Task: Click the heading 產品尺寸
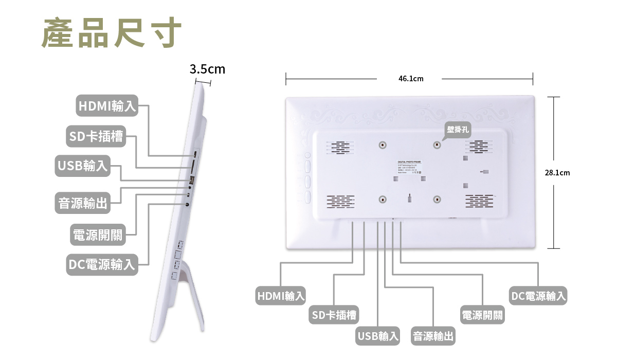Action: coord(112,33)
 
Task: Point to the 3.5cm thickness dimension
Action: coord(207,69)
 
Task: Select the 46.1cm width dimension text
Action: coord(410,79)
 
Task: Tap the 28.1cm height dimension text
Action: coord(557,173)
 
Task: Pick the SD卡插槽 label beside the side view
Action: coord(96,136)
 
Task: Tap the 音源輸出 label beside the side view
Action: coord(83,203)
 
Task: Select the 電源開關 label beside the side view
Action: coord(98,235)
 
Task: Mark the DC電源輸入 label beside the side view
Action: coord(102,264)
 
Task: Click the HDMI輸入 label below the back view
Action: coord(281,296)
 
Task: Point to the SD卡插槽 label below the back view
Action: coord(334,315)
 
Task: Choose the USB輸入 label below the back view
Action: coord(378,336)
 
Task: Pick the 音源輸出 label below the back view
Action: coord(433,336)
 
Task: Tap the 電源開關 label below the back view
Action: coord(482,315)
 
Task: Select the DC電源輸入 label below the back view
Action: coord(538,296)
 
